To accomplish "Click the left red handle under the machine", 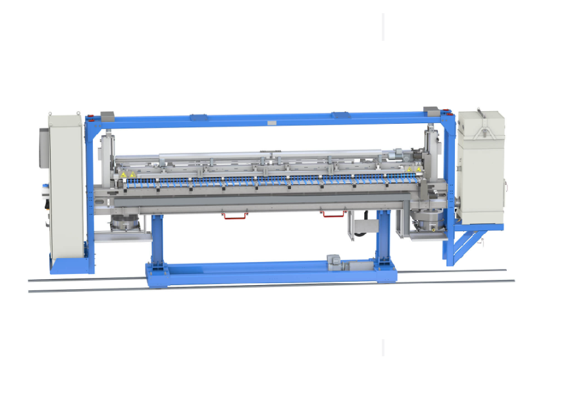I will [x=234, y=215].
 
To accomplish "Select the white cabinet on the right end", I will [x=481, y=168].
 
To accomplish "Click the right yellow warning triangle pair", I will [x=413, y=170].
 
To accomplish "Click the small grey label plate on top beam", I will [x=271, y=122].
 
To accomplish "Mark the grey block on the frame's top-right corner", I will [x=431, y=108].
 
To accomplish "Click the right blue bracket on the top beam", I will [x=342, y=115].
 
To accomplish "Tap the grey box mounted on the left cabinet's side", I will [x=43, y=142].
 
